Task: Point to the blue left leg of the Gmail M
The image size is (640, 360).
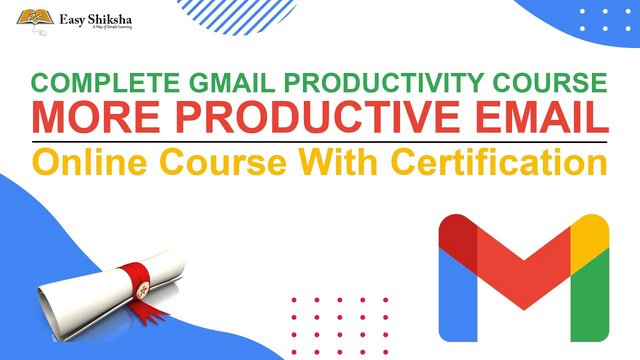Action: [456, 295]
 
